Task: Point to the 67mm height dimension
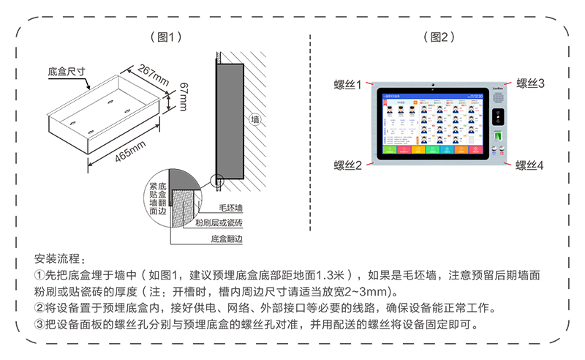click(x=182, y=94)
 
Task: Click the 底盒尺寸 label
click(x=67, y=72)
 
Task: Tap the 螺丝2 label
click(x=348, y=165)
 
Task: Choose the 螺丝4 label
click(x=531, y=165)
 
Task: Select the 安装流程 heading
click(x=60, y=259)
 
